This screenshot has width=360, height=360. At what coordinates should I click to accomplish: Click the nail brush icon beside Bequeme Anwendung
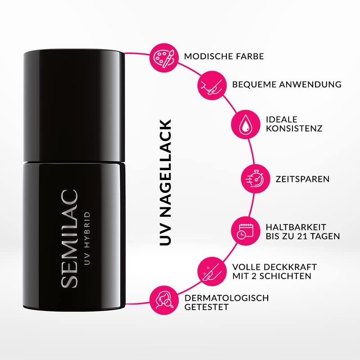pyautogui.click(x=211, y=84)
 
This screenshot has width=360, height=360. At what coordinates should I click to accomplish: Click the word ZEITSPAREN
pyautogui.click(x=302, y=179)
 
